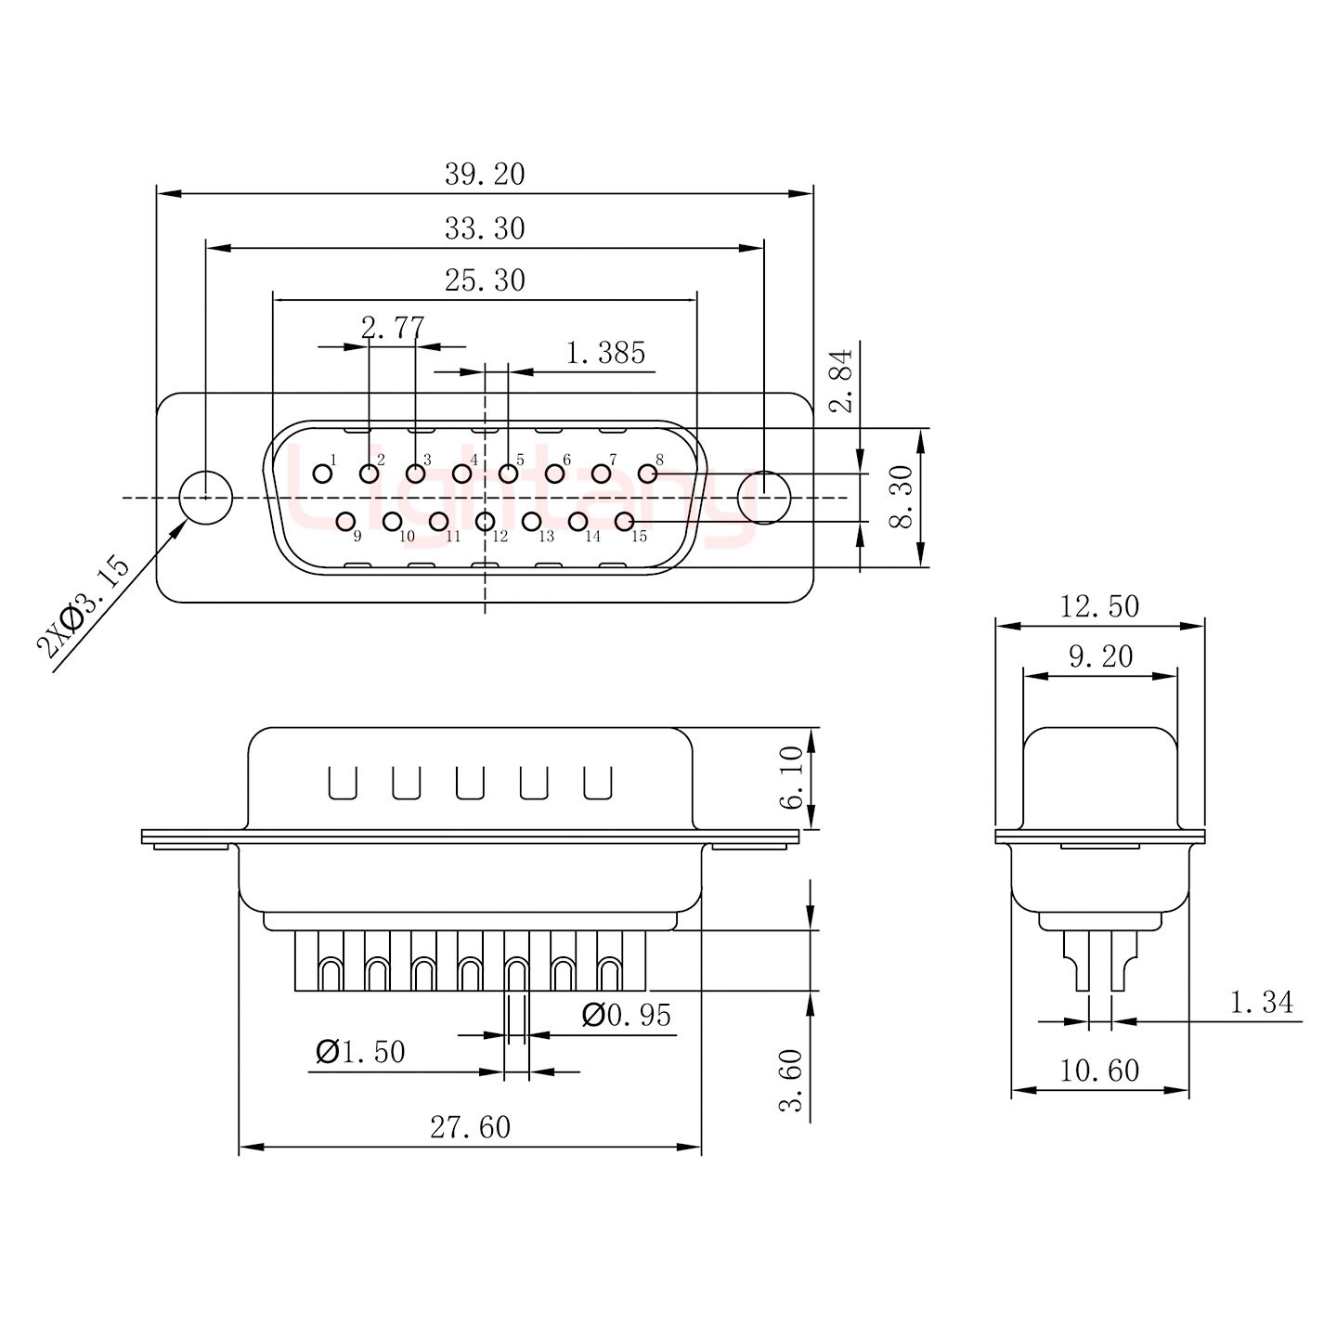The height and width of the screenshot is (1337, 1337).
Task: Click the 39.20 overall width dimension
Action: [x=484, y=174]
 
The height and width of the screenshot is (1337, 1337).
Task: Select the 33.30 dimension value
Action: [x=484, y=228]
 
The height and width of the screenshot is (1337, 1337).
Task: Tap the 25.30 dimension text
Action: [x=484, y=280]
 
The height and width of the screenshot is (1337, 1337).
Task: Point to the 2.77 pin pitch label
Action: [x=393, y=327]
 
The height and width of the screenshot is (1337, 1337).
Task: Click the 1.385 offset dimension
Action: [x=605, y=353]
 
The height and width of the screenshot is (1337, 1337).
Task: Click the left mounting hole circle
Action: [x=205, y=498]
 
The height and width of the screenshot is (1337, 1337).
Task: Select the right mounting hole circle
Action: [x=763, y=498]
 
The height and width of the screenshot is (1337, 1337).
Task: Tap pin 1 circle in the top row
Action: [x=322, y=474]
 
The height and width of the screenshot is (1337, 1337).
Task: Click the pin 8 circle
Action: [x=647, y=474]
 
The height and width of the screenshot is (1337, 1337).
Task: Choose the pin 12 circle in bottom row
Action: [x=485, y=522]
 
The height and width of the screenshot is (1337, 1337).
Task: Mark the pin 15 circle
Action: [x=624, y=522]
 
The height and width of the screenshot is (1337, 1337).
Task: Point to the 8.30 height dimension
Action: [x=902, y=498]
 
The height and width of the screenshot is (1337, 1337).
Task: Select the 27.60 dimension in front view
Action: [x=470, y=1127]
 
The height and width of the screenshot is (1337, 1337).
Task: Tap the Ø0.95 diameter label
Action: [x=626, y=1016]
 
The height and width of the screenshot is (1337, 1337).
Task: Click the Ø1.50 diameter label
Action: [x=360, y=1052]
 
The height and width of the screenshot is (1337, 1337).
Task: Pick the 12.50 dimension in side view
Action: [x=1099, y=606]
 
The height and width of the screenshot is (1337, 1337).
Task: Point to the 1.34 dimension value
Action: [x=1261, y=1003]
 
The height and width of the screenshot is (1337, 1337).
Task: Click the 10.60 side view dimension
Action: [x=1099, y=1071]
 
